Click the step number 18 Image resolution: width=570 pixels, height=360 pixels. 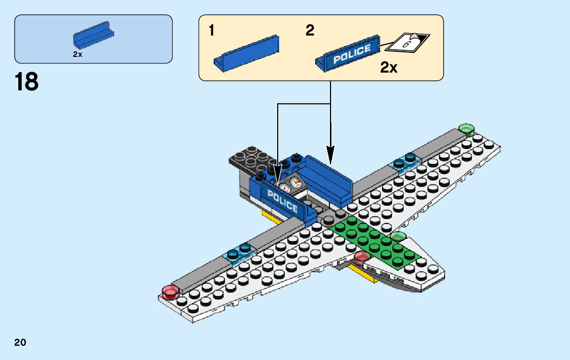point(27,82)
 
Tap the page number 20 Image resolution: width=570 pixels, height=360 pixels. point(20,342)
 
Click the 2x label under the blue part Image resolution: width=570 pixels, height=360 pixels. point(77,54)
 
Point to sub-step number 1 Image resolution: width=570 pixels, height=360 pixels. point(211,31)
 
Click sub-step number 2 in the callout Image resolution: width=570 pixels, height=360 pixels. point(310,30)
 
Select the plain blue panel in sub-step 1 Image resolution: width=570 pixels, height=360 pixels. point(247,52)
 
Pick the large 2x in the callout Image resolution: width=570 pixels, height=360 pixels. point(389,68)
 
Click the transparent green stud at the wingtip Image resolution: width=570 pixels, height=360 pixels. point(465,128)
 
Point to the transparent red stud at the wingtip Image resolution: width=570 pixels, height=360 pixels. point(170,291)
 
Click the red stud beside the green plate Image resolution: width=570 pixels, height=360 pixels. point(361,256)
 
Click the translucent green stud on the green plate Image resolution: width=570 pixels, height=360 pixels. point(398,236)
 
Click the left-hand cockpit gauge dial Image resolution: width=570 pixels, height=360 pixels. point(284,187)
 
